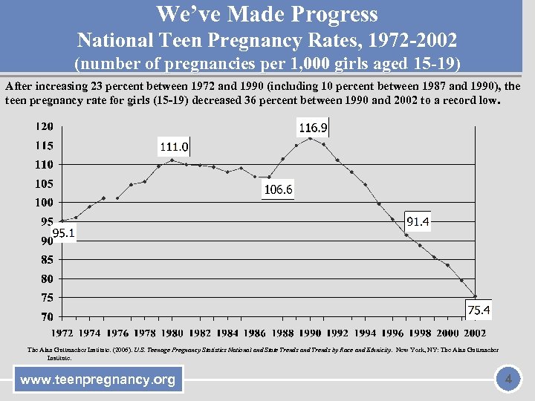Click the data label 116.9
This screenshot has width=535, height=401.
tap(312, 128)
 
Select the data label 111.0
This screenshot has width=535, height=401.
tap(172, 146)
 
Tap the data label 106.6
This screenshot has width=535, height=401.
tap(278, 190)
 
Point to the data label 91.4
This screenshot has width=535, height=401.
tap(418, 221)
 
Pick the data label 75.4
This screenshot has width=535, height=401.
tap(479, 309)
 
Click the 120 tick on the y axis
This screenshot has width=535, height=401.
tap(44, 125)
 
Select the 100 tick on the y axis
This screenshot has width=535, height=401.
tap(44, 202)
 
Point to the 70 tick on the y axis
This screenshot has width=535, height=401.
tap(47, 317)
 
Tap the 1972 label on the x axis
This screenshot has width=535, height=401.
tap(62, 333)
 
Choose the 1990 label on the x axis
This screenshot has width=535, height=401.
tap(310, 333)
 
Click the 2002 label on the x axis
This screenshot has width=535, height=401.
tap(475, 333)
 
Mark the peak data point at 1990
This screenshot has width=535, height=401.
tap(310, 138)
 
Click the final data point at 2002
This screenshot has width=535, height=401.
tap(476, 296)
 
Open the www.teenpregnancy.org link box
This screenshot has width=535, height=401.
tap(98, 380)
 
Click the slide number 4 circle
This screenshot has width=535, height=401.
tap(508, 380)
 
